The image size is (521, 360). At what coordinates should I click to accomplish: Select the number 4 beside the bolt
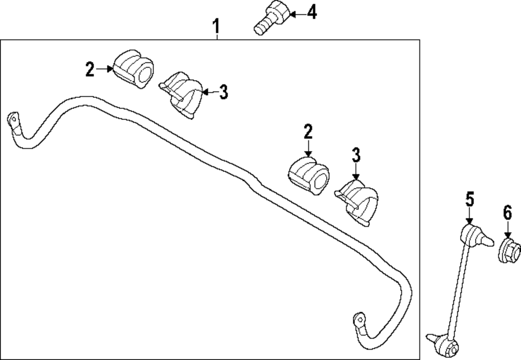311,12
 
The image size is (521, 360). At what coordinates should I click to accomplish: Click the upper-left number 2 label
90,69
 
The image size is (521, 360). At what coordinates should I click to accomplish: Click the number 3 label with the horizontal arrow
223,92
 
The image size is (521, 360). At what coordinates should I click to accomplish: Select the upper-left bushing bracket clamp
183,95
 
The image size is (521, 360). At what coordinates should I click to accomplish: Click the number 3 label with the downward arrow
356,155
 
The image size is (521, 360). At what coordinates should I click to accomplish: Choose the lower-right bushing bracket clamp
358,203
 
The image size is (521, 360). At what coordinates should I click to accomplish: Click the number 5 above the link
469,199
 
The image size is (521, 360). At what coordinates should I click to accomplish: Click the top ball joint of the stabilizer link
473,235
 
